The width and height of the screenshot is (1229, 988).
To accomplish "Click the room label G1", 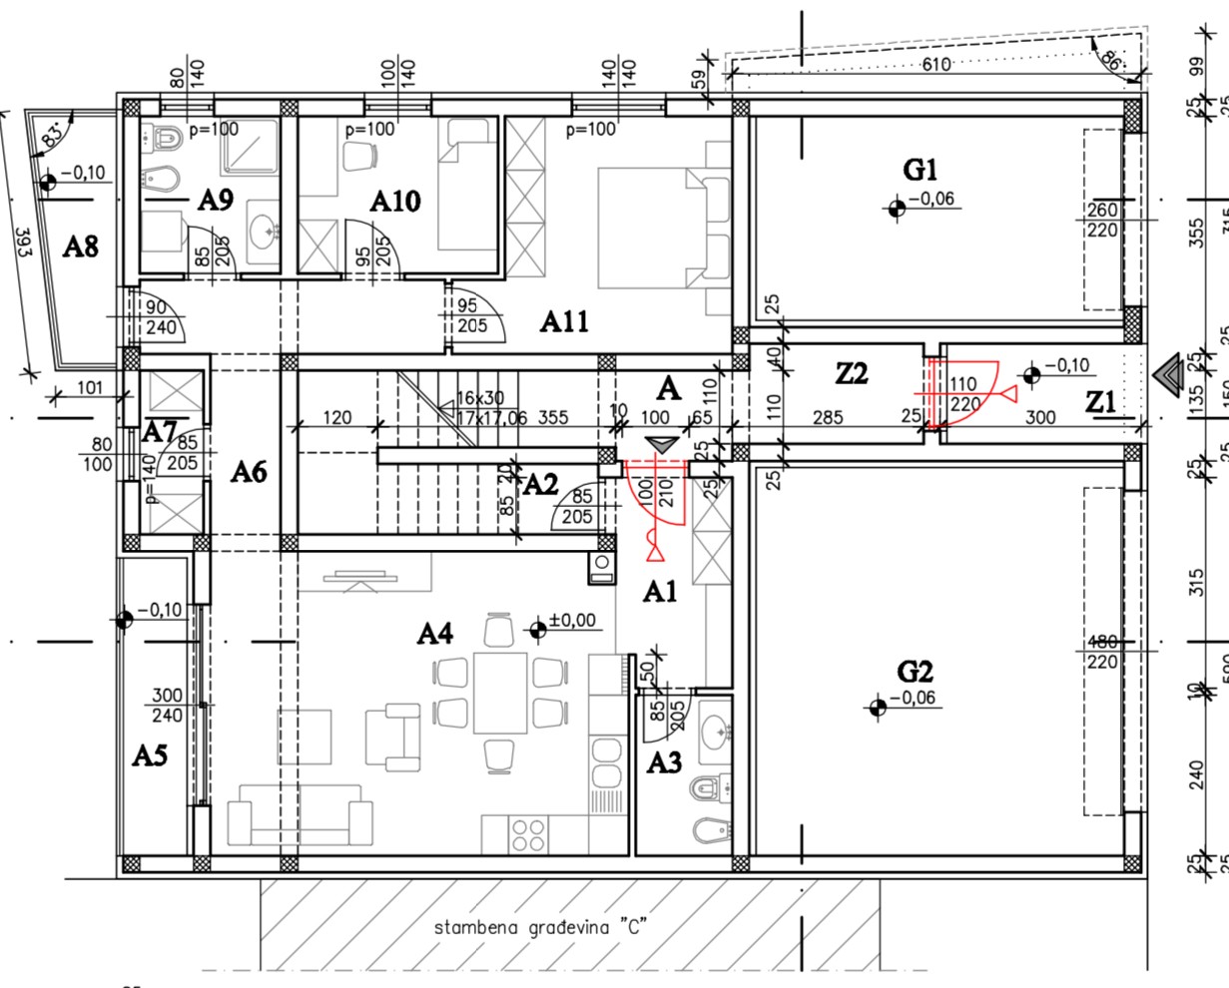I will [x=920, y=170].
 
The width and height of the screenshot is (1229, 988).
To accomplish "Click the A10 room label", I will [x=395, y=201].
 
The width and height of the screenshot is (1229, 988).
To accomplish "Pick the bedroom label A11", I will [x=564, y=321].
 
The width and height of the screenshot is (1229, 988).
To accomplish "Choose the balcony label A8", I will [x=81, y=246].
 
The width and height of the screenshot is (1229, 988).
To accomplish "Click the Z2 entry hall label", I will [x=852, y=374].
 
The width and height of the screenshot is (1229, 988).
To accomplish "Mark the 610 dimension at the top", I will [x=936, y=65].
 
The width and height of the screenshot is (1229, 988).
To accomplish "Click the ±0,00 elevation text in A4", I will [x=572, y=621].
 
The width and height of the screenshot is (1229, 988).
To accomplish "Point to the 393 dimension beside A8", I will [x=22, y=241].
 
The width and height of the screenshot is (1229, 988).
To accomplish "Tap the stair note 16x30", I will [x=479, y=398].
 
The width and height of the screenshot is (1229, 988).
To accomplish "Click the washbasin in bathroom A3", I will [x=716, y=732].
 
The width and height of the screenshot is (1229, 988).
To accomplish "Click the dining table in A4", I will [x=500, y=693].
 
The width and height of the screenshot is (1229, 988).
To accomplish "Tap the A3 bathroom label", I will [x=664, y=763].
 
